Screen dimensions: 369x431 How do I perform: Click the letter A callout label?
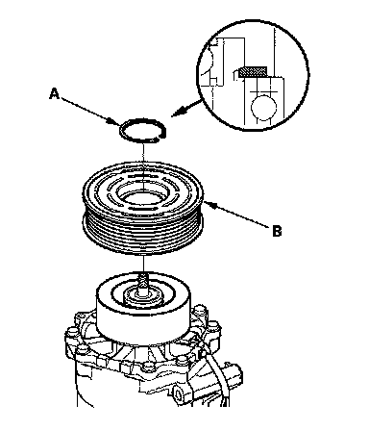coord(55,94)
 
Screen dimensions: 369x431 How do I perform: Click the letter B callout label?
coord(277,231)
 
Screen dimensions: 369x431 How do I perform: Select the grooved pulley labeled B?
coord(143,208)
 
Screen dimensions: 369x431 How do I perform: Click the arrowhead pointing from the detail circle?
coord(177,113)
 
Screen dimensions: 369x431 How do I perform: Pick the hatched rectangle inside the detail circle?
coord(253,72)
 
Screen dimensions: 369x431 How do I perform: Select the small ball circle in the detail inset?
coord(263,107)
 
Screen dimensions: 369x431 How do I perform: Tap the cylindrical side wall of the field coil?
coord(143,324)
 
